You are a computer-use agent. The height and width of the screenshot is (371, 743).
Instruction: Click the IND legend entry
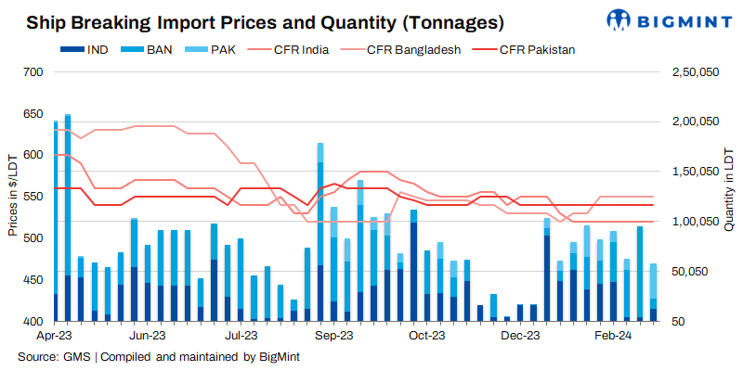[x=93, y=49]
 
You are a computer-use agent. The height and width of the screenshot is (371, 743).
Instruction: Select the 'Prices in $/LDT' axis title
[x=12, y=197]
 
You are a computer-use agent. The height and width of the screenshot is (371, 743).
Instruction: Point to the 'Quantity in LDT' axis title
[x=730, y=197]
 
